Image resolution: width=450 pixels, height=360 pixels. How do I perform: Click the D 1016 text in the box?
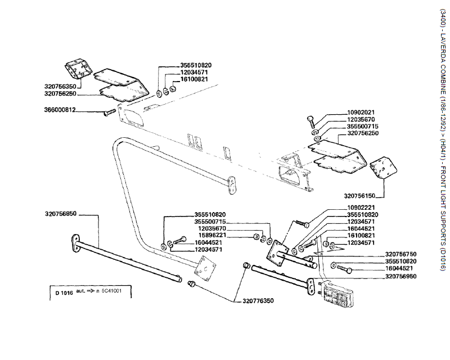pos(65,292)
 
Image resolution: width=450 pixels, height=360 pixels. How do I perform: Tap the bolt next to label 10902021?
pos(312,120)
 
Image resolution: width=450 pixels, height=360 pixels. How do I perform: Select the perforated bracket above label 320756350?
pos(76,70)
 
